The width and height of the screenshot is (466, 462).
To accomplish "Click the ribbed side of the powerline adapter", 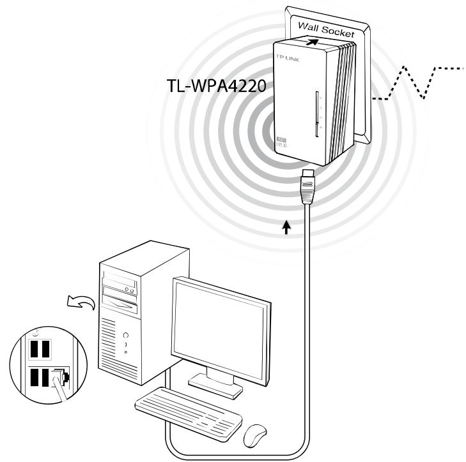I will click(345, 96).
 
